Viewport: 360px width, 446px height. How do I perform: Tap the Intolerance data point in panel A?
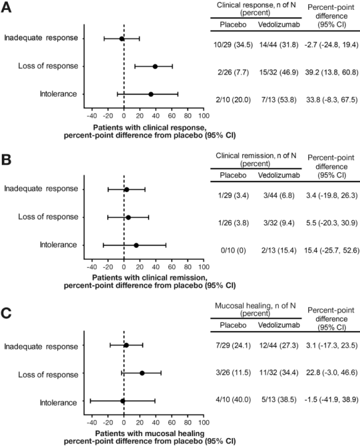coord(150,94)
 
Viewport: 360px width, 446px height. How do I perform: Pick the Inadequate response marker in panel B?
coord(126,189)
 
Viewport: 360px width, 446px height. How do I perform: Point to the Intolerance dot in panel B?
coord(136,245)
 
